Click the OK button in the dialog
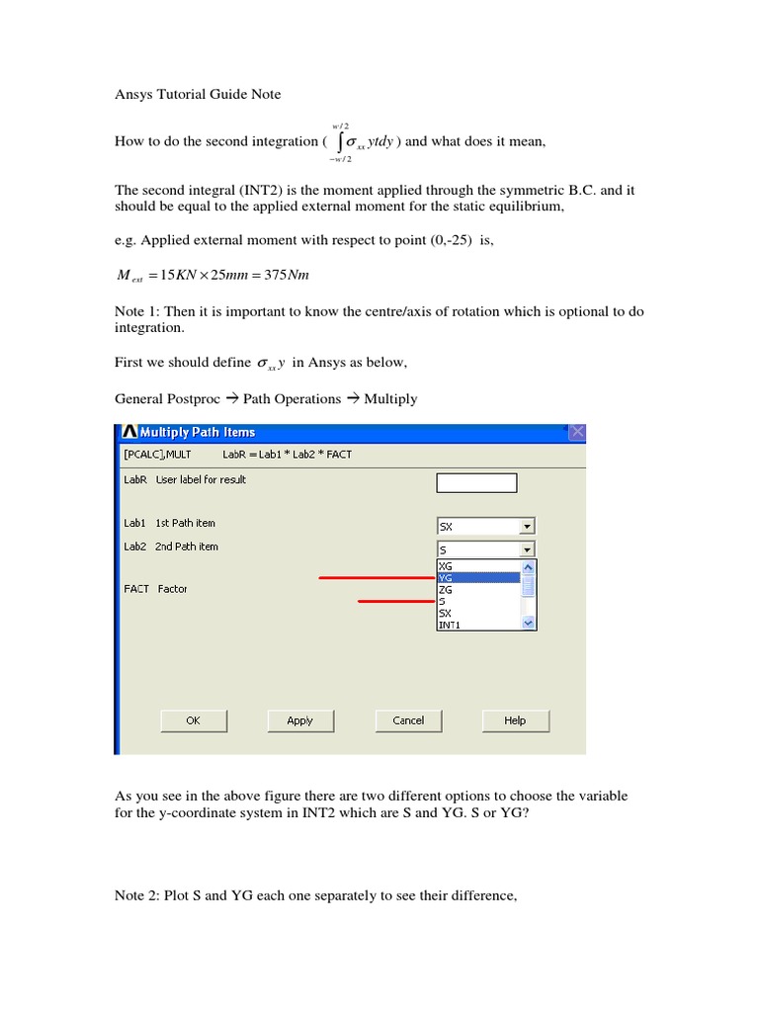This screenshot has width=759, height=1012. click(x=193, y=721)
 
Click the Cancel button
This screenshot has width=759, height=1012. click(x=408, y=721)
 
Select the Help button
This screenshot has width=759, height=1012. click(x=515, y=721)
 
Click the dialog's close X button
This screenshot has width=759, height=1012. click(x=577, y=432)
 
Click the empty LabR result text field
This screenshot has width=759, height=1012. click(x=476, y=482)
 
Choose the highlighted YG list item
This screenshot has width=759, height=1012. click(x=478, y=578)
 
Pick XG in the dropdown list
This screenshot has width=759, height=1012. click(x=478, y=566)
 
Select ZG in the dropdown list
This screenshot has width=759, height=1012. click(x=478, y=590)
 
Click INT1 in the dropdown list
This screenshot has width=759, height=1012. click(x=478, y=626)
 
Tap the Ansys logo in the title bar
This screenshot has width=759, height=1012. click(x=128, y=432)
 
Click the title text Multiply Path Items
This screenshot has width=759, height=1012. click(x=198, y=432)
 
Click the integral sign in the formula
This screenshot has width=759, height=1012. click(x=337, y=141)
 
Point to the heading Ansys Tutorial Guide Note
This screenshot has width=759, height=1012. click(x=198, y=94)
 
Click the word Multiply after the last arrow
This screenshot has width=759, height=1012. click(x=390, y=399)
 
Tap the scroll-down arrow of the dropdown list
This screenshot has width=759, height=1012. click(x=528, y=624)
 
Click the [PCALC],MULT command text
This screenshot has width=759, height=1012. click(x=157, y=455)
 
